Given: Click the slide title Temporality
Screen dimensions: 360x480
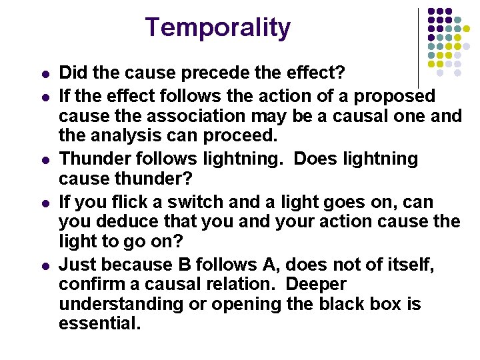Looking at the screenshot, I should pos(218,27).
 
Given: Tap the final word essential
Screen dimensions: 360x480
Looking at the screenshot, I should pos(99,324).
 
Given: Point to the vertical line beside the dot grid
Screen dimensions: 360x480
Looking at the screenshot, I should pos(418,47).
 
